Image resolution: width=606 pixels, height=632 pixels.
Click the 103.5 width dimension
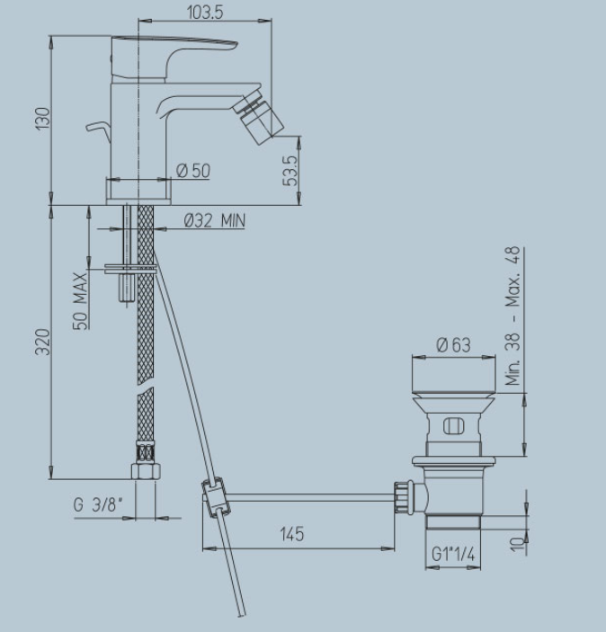[205, 13]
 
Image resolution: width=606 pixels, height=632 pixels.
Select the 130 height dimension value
[43, 119]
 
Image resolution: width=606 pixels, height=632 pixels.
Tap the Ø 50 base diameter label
[193, 171]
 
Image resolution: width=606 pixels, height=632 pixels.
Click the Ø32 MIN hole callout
[215, 220]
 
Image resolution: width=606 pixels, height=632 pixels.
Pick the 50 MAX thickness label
[80, 301]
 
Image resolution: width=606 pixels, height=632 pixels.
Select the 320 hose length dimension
[43, 343]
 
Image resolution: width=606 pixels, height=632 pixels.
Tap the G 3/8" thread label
[98, 504]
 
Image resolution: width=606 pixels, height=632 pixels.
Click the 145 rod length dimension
[292, 534]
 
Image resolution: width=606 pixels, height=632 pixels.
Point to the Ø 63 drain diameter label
[453, 345]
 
